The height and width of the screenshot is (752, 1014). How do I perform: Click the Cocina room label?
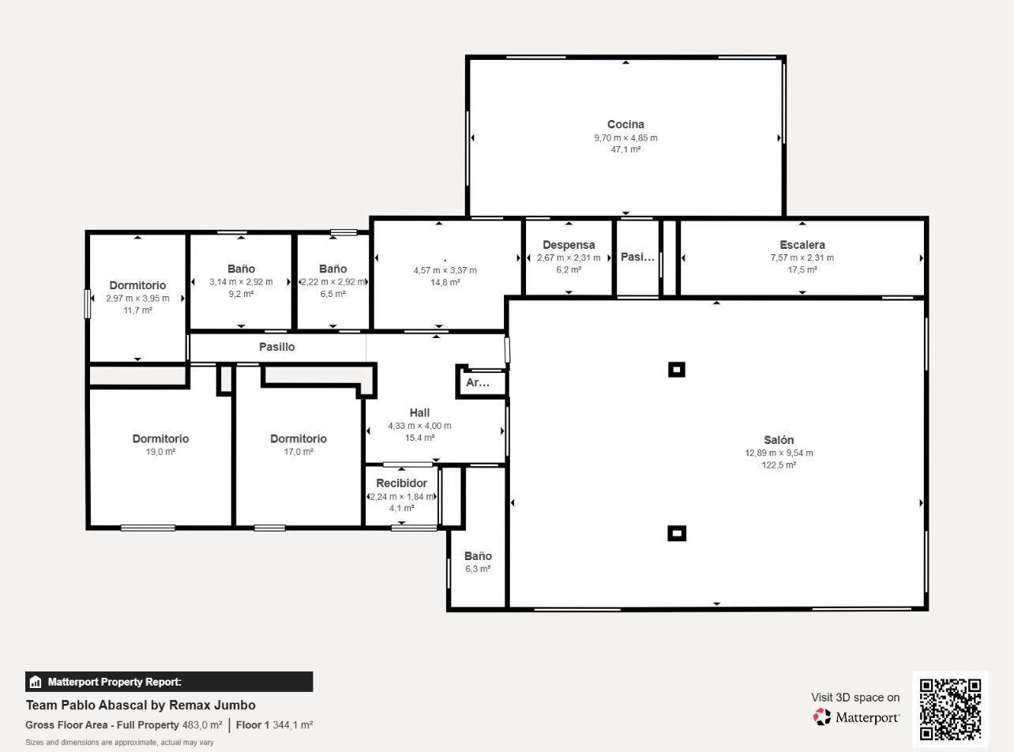pyautogui.click(x=625, y=124)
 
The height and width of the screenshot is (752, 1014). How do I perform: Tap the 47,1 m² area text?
pyautogui.click(x=625, y=149)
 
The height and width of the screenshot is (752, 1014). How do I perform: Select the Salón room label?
pyautogui.click(x=779, y=440)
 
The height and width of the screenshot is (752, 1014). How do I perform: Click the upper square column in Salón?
pyautogui.click(x=676, y=370)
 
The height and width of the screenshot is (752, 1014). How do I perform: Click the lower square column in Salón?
pyautogui.click(x=676, y=533)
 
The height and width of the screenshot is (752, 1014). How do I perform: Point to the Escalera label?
pyautogui.click(x=802, y=245)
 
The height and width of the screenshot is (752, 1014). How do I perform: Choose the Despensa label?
pyautogui.click(x=569, y=245)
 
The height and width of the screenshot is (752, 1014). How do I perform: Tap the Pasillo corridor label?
pyautogui.click(x=276, y=347)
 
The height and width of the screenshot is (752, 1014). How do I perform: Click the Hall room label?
pyautogui.click(x=419, y=412)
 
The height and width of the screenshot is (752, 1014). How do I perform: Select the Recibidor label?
pyautogui.click(x=401, y=483)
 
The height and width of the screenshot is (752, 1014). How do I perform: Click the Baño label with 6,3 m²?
pyautogui.click(x=478, y=556)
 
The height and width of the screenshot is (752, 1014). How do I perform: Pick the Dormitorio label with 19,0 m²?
pyautogui.click(x=160, y=438)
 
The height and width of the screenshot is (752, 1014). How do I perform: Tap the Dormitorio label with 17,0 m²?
pyautogui.click(x=298, y=438)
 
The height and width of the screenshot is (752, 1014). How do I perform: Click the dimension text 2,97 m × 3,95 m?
pyautogui.click(x=137, y=299)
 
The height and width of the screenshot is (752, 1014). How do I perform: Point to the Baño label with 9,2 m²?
pyautogui.click(x=241, y=269)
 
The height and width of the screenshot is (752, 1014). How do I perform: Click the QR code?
pyautogui.click(x=950, y=709)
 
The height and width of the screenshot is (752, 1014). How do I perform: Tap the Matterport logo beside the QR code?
pyautogui.click(x=857, y=717)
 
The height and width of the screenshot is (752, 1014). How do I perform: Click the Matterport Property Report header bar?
pyautogui.click(x=169, y=682)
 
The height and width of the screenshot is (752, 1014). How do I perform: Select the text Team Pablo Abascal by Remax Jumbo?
pyautogui.click(x=141, y=705)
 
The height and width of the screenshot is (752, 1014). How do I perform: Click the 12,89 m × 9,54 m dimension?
pyautogui.click(x=779, y=453)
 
